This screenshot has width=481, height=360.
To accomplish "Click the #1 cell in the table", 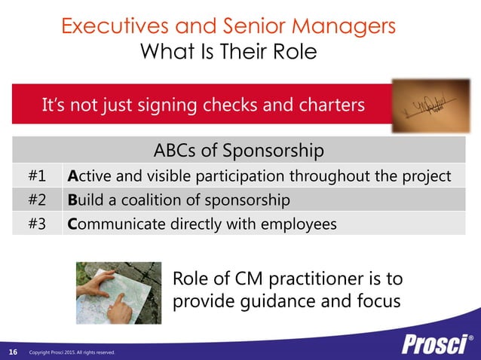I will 38,176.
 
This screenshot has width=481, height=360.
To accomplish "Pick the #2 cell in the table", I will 38,200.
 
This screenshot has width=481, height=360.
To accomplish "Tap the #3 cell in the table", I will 38,224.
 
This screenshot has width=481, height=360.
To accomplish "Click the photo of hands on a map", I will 119,293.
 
